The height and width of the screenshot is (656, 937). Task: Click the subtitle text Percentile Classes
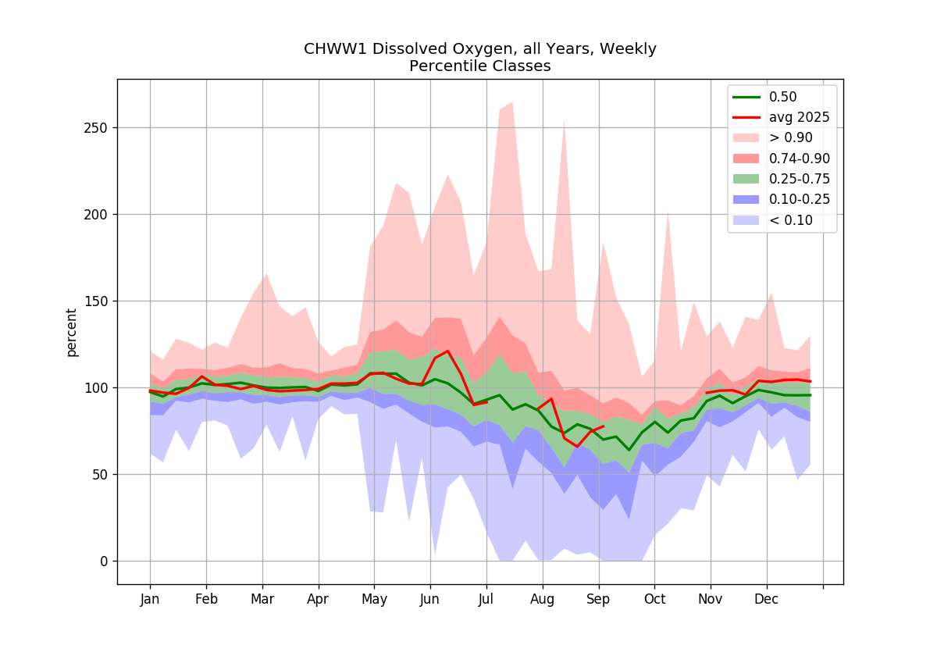(479, 66)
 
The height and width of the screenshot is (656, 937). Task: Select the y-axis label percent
(72, 333)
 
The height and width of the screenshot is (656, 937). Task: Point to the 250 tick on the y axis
(96, 128)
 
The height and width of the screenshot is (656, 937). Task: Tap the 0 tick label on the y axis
(104, 562)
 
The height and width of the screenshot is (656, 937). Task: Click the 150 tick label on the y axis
(96, 301)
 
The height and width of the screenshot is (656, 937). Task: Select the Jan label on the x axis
(150, 599)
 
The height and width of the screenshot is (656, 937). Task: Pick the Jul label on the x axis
(486, 599)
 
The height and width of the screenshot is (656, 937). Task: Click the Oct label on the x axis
(654, 599)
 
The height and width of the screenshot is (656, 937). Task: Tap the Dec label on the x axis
(766, 599)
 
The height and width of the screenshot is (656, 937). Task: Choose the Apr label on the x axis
(318, 599)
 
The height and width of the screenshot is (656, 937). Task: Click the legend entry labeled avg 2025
(799, 118)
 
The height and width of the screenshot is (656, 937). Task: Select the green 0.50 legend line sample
(746, 97)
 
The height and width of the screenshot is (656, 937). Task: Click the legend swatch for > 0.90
(746, 137)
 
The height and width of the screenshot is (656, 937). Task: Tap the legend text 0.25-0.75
(800, 179)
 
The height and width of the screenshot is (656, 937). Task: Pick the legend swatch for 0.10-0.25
(746, 200)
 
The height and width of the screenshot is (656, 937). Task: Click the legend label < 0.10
(790, 220)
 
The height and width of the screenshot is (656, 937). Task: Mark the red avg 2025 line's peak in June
(448, 351)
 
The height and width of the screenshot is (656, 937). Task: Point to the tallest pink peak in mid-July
(512, 102)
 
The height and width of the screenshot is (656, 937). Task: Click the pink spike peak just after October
(668, 212)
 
